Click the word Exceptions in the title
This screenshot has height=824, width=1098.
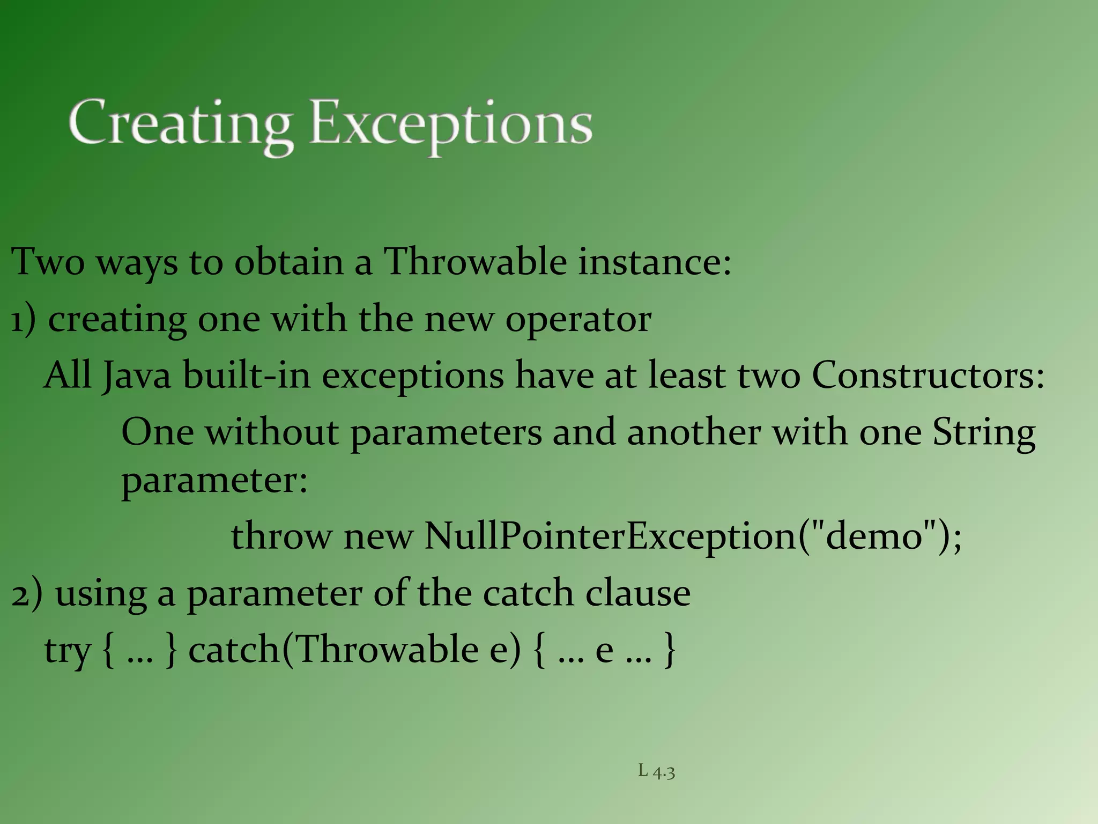pyautogui.click(x=451, y=124)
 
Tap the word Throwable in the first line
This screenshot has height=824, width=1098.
pyautogui.click(x=476, y=262)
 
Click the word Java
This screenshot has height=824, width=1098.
pyautogui.click(x=137, y=376)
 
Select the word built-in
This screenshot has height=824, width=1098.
pyautogui.click(x=247, y=375)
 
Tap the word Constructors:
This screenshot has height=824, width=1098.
pyautogui.click(x=928, y=375)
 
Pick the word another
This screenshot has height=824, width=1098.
pyautogui.click(x=694, y=432)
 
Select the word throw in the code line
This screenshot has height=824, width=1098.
pyautogui.click(x=281, y=536)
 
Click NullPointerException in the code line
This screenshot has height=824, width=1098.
pyautogui.click(x=611, y=536)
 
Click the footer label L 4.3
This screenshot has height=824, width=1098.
pyautogui.click(x=656, y=771)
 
